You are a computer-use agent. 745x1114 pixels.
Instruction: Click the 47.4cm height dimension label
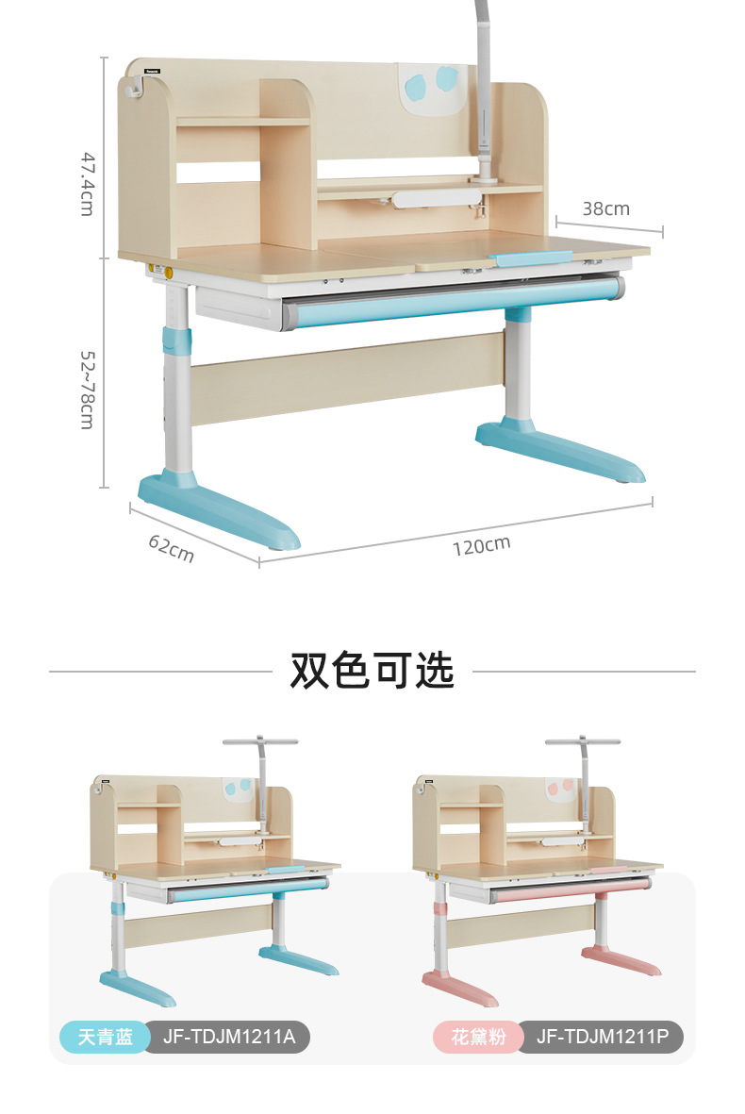[87, 184]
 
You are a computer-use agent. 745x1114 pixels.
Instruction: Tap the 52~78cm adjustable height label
[87, 390]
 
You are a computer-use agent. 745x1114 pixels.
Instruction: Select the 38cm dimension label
[605, 208]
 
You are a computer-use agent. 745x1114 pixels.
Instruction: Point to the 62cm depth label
[172, 548]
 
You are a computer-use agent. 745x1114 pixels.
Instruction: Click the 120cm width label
[481, 544]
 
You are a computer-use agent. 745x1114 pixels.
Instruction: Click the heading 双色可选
[372, 671]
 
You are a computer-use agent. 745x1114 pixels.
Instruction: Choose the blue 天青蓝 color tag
[105, 1038]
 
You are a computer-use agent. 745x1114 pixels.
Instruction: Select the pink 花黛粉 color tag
[477, 1038]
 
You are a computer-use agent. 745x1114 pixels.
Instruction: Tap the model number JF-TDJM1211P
[602, 1038]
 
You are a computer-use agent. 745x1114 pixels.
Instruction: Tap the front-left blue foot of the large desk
[222, 511]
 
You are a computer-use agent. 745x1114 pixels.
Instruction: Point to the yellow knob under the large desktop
[168, 273]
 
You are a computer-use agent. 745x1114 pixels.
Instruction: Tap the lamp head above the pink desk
[583, 741]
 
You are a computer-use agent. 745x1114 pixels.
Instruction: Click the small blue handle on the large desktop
[532, 258]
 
